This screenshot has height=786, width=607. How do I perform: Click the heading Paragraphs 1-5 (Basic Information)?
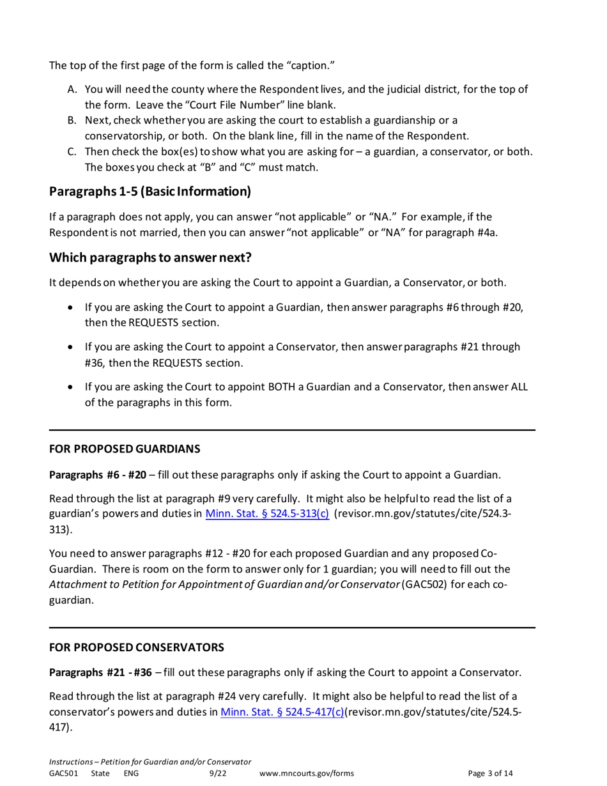[x=150, y=191]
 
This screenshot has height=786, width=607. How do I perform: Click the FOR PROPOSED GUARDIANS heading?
[x=125, y=449]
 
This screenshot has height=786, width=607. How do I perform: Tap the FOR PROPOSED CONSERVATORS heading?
[x=137, y=647]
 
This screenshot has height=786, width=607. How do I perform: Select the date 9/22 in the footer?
[x=218, y=774]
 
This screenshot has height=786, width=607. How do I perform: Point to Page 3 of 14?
[x=490, y=774]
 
